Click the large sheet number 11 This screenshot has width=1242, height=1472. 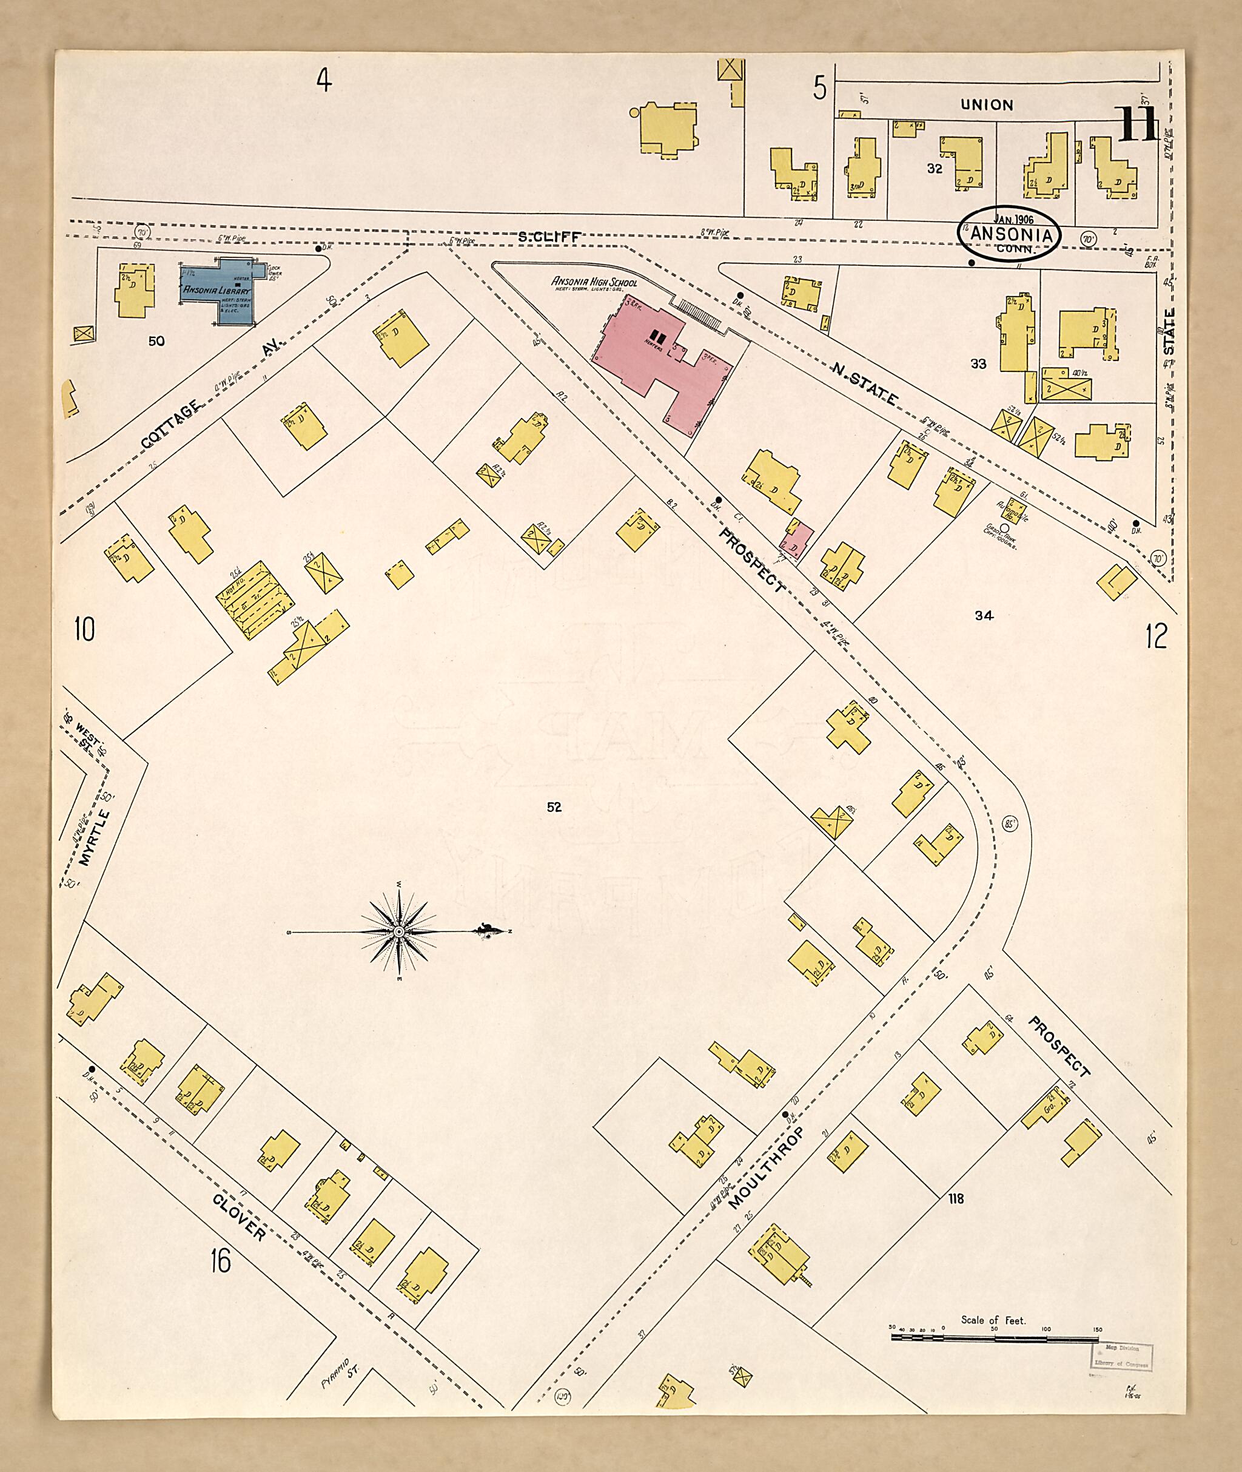pyautogui.click(x=1136, y=126)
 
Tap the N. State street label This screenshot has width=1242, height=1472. pyautogui.click(x=865, y=384)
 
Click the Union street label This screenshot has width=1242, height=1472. pyautogui.click(x=987, y=105)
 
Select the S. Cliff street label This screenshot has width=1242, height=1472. pyautogui.click(x=549, y=238)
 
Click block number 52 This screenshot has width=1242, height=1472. pyautogui.click(x=554, y=807)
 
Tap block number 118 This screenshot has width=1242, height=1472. pyautogui.click(x=955, y=1197)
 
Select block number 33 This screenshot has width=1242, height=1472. pyautogui.click(x=979, y=364)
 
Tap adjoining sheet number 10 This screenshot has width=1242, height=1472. pyautogui.click(x=84, y=629)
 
